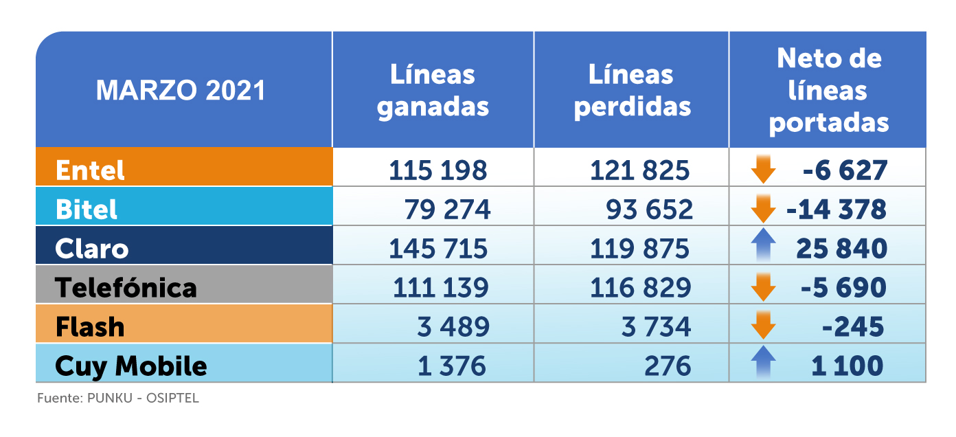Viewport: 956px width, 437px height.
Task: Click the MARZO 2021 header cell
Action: point(181,91)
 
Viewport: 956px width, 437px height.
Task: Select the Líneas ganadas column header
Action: point(433,91)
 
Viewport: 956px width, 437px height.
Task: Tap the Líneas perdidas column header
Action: point(632,91)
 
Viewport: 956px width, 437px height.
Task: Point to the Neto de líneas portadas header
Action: point(828,91)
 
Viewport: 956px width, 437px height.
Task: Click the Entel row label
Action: point(90,170)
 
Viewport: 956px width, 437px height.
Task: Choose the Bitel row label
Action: point(87,209)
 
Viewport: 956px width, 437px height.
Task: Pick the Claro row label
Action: point(92,248)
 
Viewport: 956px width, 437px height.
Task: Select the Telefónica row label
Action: point(126,287)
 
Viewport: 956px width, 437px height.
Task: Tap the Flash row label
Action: point(90,326)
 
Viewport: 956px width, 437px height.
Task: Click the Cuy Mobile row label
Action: point(130,366)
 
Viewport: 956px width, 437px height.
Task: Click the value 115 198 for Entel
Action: point(437,170)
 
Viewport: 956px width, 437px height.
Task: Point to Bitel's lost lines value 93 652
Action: point(649,209)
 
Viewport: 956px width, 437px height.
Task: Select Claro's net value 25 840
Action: point(841,248)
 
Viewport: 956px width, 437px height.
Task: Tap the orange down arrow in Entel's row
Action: point(763,169)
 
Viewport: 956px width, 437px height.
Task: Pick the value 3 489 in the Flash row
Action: point(453,326)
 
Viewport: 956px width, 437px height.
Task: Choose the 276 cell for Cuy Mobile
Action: point(668,366)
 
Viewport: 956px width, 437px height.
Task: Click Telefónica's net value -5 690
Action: point(843,287)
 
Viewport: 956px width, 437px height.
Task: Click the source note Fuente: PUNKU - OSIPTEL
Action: point(117,398)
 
